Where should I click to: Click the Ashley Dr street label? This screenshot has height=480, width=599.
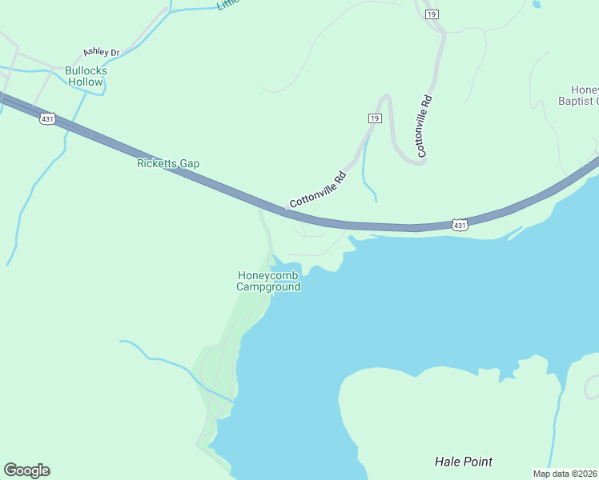101,53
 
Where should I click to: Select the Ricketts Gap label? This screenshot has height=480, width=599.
168,163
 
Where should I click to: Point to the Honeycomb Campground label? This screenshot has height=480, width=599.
269,282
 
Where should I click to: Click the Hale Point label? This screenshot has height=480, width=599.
463,462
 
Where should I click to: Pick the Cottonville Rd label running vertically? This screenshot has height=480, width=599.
424,126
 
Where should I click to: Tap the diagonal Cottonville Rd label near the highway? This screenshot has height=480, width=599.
318,190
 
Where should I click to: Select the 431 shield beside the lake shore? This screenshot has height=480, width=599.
459,226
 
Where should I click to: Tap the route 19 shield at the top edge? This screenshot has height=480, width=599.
432,14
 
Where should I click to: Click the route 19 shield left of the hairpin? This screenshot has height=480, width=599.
374,118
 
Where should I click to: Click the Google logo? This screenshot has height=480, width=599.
26,470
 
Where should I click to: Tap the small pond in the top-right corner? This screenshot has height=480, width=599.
536,4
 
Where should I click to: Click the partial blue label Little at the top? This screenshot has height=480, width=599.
227,5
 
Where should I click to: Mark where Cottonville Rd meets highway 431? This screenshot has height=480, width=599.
284,210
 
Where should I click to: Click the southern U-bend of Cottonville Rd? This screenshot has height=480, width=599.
412,160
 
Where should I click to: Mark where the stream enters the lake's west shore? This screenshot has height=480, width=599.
233,399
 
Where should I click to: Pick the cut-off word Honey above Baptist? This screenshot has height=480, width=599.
585,90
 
